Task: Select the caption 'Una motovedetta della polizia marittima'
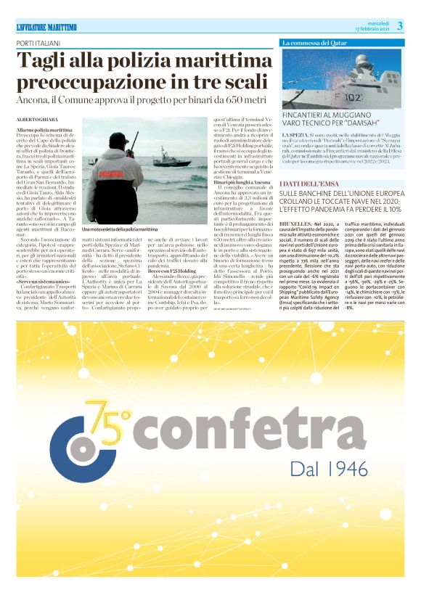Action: pyautogui.click(x=120, y=230)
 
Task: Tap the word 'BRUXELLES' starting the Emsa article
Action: pyautogui.click(x=295, y=225)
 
